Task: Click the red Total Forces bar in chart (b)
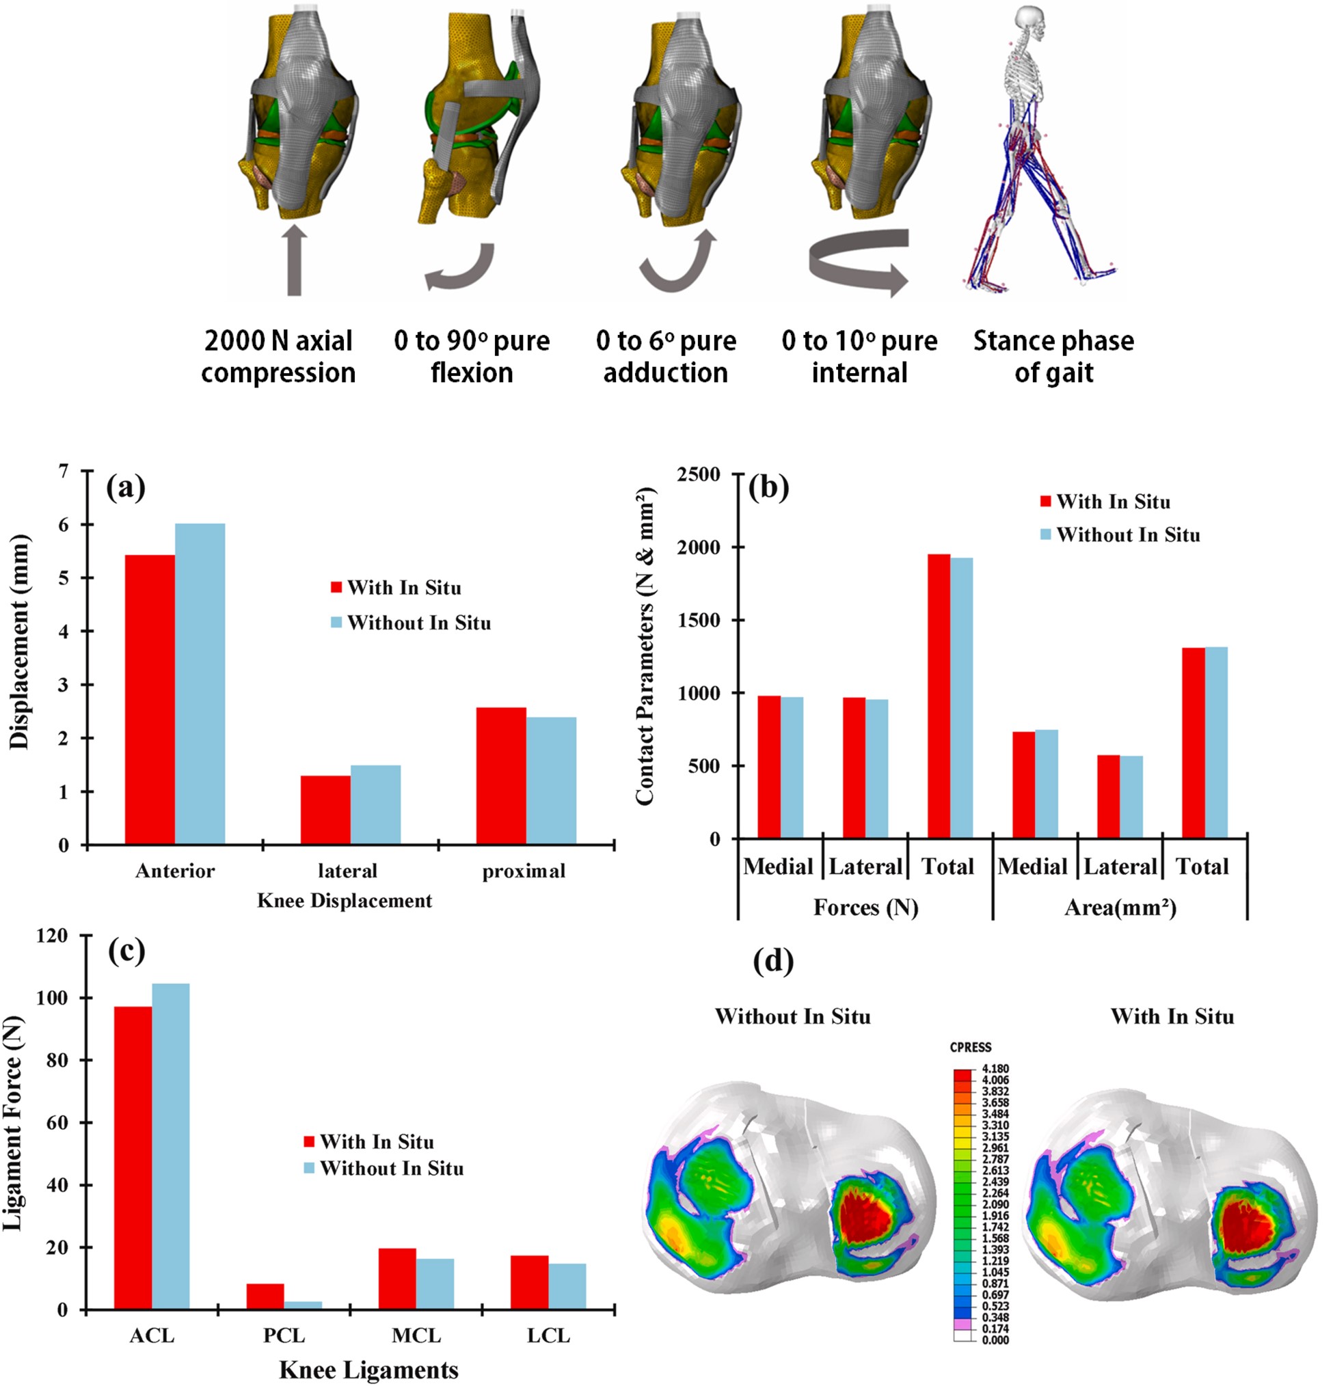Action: click(x=939, y=696)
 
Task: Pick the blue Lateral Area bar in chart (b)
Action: click(x=1131, y=797)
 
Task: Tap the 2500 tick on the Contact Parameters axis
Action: click(x=698, y=474)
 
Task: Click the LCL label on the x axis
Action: click(x=548, y=1335)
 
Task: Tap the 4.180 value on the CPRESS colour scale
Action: click(x=995, y=1068)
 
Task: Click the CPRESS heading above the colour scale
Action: click(x=970, y=1046)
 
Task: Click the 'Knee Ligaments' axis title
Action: click(x=368, y=1369)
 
